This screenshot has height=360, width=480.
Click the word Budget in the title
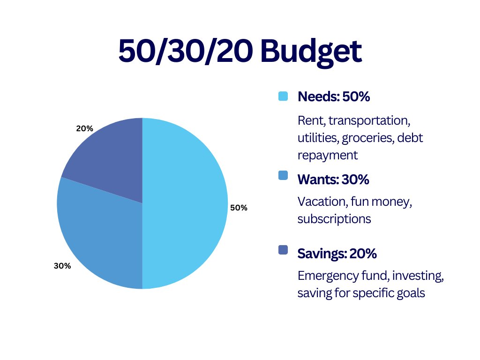311,51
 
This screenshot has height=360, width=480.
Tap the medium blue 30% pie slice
98,234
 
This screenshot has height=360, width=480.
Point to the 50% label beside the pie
239,208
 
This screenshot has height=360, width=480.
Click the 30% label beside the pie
62,266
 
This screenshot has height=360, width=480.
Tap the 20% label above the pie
84,128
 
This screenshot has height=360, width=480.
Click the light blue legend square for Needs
283,97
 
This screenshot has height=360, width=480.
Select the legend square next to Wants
283,175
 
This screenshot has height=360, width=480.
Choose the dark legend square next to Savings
283,250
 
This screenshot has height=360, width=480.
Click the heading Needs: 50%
334,97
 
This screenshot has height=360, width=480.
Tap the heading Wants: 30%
333,180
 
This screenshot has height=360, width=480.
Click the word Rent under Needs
310,120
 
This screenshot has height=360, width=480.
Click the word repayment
328,155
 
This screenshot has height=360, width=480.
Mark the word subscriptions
334,218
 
